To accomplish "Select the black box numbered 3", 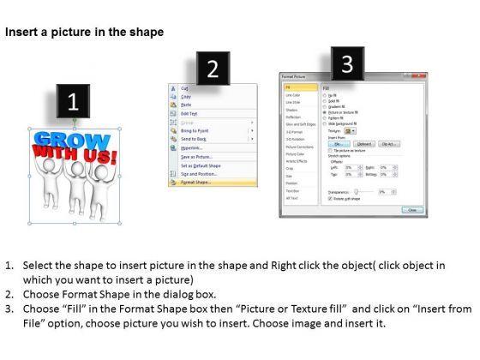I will pos(346,63).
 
